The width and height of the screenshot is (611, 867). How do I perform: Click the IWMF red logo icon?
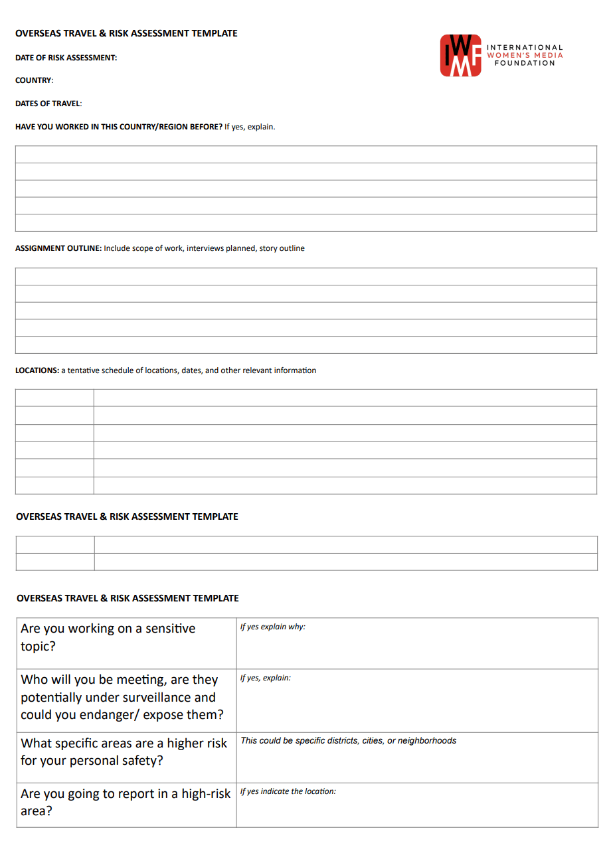coord(460,55)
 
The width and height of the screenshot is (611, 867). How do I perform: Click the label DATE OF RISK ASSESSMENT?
coord(66,58)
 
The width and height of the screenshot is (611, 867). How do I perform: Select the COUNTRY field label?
coord(33,80)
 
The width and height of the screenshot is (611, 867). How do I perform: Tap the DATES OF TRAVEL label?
coord(48,104)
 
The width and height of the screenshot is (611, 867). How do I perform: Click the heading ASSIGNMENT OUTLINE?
coord(58,248)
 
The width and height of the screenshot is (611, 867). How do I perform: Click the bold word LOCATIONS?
coord(37,370)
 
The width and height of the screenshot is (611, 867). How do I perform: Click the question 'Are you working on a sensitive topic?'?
coord(108,637)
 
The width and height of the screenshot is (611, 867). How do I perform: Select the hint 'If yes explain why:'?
coord(273,627)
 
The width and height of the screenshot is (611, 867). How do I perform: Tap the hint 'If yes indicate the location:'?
coord(288,791)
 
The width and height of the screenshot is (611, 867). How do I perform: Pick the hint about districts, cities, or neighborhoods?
coord(349,740)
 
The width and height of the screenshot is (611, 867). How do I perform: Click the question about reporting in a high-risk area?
coord(126,802)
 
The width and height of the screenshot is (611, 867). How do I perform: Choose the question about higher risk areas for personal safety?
coord(124,751)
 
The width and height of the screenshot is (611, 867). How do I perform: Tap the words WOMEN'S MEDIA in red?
coord(525,55)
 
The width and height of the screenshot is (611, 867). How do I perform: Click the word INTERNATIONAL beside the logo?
coord(525,48)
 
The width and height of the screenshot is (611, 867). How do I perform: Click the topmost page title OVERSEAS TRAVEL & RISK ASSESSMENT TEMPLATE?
coord(126,33)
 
